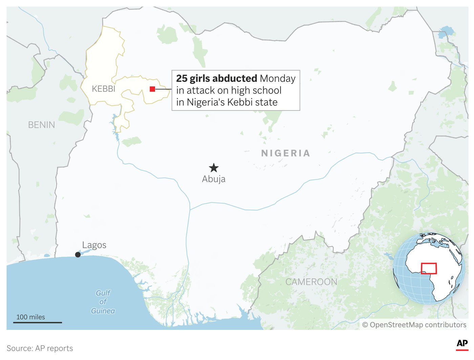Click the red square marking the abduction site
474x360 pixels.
(x=152, y=89)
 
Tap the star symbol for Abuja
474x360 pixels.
(x=214, y=168)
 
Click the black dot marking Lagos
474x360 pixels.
(x=78, y=255)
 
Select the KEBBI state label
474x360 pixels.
(x=104, y=89)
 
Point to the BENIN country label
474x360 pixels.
(x=41, y=125)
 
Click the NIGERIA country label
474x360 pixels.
(x=286, y=153)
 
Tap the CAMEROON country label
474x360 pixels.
(x=311, y=282)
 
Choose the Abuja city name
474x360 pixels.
(x=214, y=179)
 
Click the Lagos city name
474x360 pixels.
(x=94, y=245)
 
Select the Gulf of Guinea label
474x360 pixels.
(x=103, y=302)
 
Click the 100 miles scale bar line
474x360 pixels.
(x=38, y=322)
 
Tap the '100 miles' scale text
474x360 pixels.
(x=30, y=317)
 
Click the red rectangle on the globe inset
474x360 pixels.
(x=429, y=269)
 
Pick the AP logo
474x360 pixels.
(x=462, y=344)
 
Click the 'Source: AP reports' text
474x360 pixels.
(x=40, y=348)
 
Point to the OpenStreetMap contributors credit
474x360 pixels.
(x=414, y=325)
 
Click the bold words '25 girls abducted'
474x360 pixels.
(x=217, y=79)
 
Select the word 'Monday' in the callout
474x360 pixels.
(x=278, y=79)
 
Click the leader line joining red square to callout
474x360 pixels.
(x=164, y=89)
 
